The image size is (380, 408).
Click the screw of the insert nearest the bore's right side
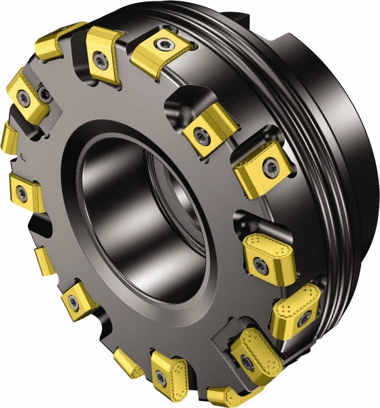200,135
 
